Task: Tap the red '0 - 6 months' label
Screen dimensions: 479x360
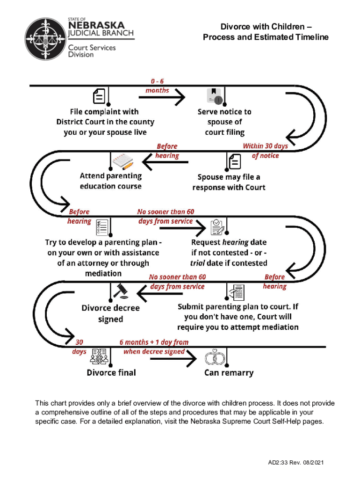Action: coord(157,86)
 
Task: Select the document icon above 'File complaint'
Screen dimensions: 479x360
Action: coord(99,96)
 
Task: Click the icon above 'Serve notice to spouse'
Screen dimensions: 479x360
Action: coord(215,95)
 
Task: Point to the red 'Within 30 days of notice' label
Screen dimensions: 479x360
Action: coord(265,151)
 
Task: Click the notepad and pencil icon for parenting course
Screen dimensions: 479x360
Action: coord(122,162)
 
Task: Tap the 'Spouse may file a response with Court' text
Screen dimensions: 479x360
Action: coord(229,182)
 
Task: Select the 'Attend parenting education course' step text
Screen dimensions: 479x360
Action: coord(111,181)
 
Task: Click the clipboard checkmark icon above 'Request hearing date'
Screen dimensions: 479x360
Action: coord(217,226)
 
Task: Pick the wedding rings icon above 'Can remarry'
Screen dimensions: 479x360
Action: coord(216,357)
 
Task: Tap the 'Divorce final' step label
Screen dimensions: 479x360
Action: coord(111,372)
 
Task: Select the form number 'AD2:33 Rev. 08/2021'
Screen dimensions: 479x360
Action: coord(295,463)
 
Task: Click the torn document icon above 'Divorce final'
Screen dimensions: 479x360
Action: coord(100,356)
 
